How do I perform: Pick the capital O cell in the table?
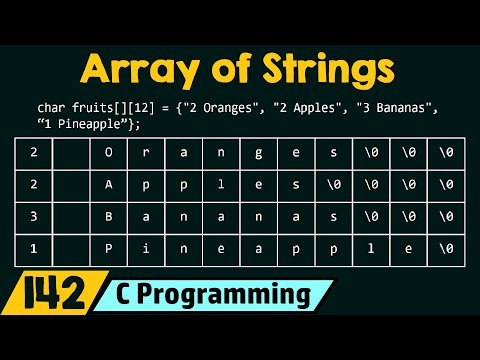click(x=109, y=154)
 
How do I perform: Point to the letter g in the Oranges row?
click(x=258, y=154)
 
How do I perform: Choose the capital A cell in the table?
click(x=109, y=184)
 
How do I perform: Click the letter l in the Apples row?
click(x=221, y=184)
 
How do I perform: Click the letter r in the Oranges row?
click(x=146, y=154)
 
